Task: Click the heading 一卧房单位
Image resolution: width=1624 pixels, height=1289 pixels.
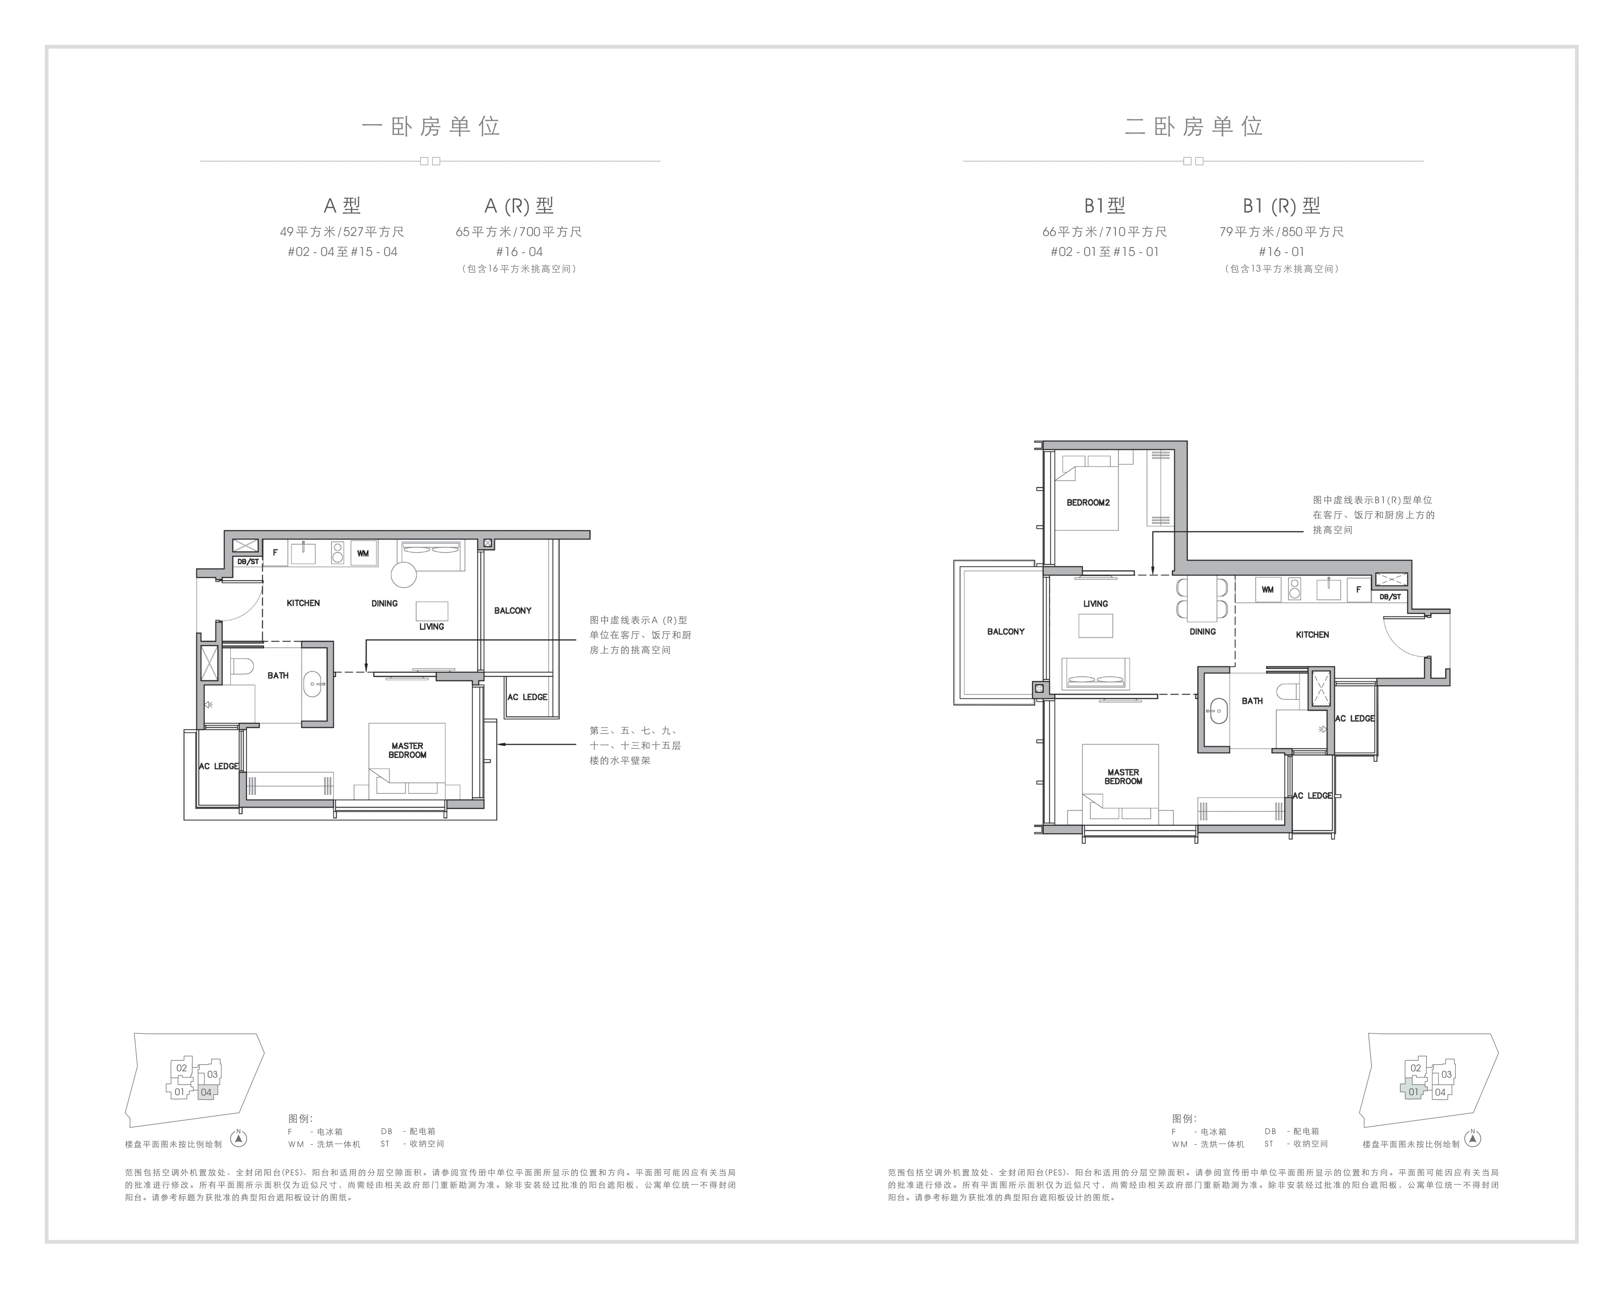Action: tap(431, 126)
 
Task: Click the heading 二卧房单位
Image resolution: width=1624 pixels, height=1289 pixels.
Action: tap(1194, 126)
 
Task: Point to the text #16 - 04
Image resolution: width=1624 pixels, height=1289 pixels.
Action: tap(519, 252)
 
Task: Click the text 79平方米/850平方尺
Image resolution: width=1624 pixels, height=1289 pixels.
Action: tap(1282, 232)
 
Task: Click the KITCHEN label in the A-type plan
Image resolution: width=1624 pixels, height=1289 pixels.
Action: tap(303, 603)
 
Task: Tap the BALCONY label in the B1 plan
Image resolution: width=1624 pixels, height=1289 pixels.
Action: tap(1005, 631)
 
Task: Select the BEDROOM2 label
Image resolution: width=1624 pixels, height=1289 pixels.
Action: tap(1088, 503)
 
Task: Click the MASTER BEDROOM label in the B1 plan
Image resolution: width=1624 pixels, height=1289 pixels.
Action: tap(1123, 777)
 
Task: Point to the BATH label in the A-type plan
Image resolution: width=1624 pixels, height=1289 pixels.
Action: tap(278, 676)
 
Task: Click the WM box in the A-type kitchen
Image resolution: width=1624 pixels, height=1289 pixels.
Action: tap(363, 553)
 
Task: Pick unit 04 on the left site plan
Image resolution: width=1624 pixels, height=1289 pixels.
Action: tap(206, 1092)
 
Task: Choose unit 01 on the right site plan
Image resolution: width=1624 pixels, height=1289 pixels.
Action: tap(1413, 1092)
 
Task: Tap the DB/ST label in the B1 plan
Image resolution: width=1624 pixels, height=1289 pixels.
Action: tap(1390, 597)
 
